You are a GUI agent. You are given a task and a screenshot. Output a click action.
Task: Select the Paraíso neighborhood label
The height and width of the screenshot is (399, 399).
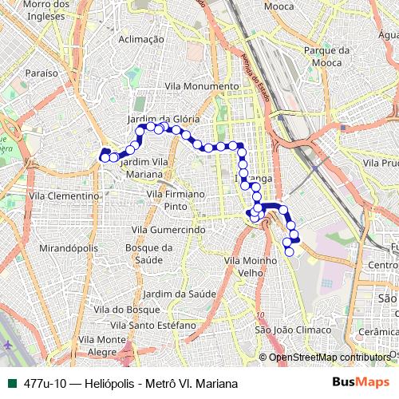[x=41, y=72]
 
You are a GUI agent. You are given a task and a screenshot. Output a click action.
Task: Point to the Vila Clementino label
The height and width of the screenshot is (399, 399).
[x=63, y=194]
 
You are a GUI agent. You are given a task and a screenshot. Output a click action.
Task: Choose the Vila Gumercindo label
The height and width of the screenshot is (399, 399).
[x=168, y=229]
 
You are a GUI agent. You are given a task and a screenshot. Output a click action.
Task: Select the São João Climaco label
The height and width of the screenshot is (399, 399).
[x=283, y=330]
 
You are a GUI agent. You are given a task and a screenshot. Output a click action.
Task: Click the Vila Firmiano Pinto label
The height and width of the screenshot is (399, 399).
[x=175, y=199]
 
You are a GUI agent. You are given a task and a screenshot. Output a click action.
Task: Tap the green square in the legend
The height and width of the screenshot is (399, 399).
[x=11, y=383]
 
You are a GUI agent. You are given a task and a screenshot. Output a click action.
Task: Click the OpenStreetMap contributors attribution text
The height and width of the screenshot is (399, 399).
[x=330, y=357]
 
